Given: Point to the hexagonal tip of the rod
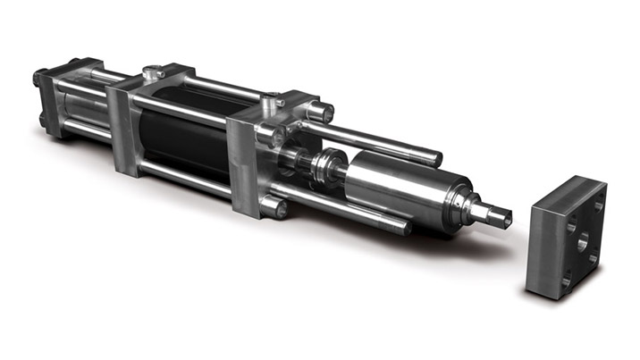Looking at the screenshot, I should [x=501, y=214].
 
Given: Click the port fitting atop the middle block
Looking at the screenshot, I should [x=155, y=70].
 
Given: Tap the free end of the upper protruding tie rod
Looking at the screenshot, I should [x=434, y=158].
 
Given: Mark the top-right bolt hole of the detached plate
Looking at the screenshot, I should [x=598, y=206].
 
